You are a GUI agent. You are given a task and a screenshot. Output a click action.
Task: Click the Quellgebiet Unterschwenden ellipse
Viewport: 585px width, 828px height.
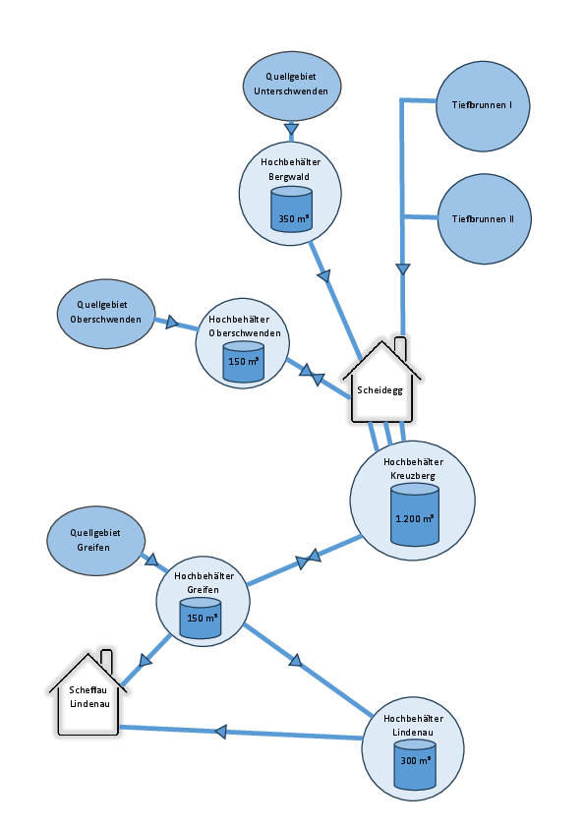[292, 86]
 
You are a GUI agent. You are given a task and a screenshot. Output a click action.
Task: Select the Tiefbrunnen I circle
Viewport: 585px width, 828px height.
[483, 106]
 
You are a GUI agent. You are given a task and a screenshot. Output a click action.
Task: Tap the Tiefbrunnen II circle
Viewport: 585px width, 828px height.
[484, 218]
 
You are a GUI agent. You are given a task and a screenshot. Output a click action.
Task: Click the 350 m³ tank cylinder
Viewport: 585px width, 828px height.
[291, 209]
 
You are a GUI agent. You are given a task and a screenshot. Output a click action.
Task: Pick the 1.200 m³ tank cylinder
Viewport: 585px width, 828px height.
[415, 514]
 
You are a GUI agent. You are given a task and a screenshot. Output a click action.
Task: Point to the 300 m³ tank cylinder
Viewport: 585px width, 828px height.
[415, 764]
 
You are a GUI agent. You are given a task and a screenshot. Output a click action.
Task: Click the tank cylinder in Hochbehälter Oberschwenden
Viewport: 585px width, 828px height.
[244, 362]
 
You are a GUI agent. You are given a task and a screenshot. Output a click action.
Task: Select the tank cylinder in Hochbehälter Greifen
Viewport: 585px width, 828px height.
[201, 618]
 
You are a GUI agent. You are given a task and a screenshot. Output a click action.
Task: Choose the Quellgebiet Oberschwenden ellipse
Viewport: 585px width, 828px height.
[106, 314]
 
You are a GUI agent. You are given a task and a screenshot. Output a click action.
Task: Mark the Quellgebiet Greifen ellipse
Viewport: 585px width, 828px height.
[95, 541]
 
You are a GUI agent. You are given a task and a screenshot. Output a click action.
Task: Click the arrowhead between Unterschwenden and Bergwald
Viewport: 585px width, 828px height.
[291, 130]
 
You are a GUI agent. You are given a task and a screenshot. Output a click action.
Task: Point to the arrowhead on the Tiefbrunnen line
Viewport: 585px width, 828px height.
[403, 268]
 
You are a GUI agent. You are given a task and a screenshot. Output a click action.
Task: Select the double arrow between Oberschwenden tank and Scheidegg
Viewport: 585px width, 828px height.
[312, 375]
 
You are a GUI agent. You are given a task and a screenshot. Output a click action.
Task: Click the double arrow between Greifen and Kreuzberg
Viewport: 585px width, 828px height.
[309, 560]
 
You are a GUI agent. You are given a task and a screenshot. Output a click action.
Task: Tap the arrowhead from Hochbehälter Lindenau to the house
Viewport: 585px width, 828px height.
[220, 732]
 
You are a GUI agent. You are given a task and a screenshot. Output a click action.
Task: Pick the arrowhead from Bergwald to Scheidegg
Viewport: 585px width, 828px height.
[323, 275]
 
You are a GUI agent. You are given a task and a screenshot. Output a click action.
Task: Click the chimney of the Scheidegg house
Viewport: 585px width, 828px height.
[400, 348]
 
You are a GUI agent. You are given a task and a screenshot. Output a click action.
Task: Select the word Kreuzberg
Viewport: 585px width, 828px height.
[413, 476]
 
